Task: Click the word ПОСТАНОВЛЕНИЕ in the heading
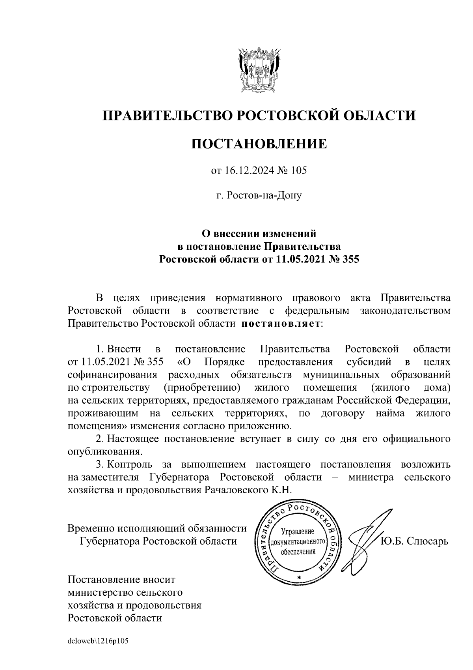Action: (x=259, y=144)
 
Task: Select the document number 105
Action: (x=299, y=171)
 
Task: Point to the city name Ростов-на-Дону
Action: (x=264, y=195)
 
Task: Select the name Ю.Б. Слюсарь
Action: (x=414, y=541)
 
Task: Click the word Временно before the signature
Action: (x=90, y=528)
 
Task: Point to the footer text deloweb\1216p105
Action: (x=98, y=641)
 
